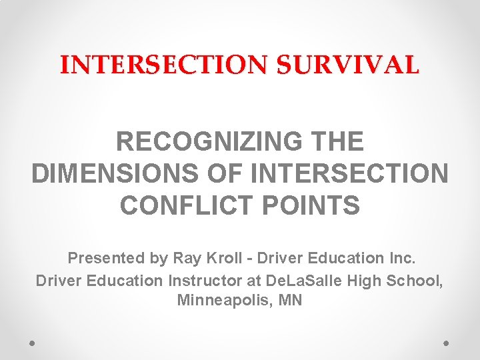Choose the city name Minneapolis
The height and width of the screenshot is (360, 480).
pos(220,301)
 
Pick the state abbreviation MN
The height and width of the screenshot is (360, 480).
pos(291,301)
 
